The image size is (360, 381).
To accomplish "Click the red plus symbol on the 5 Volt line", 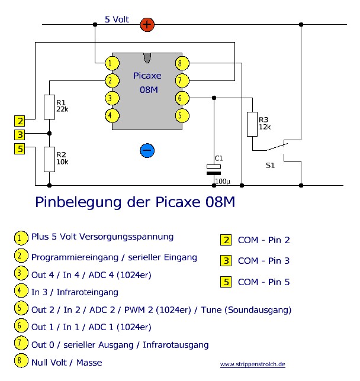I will click(147, 25).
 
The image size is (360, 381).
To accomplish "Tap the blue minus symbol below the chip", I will click(147, 150).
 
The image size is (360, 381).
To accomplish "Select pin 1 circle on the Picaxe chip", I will click(110, 63).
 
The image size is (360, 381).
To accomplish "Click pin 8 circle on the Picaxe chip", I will click(182, 63).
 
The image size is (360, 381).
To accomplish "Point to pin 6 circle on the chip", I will click(182, 98).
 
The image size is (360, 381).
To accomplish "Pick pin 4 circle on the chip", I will click(110, 115).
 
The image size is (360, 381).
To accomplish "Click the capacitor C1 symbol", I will click(213, 170).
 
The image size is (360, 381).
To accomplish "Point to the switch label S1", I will click(270, 166).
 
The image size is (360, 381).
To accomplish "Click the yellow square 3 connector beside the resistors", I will click(21, 135).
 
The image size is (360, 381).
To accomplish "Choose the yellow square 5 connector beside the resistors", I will click(21, 149).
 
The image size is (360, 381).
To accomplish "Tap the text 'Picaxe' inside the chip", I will click(147, 76).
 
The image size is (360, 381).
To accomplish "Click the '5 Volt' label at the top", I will click(117, 20).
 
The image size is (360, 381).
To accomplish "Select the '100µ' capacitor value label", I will click(223, 180).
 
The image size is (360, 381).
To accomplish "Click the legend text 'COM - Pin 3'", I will click(263, 261).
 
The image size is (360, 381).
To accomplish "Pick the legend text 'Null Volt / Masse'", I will click(66, 362).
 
